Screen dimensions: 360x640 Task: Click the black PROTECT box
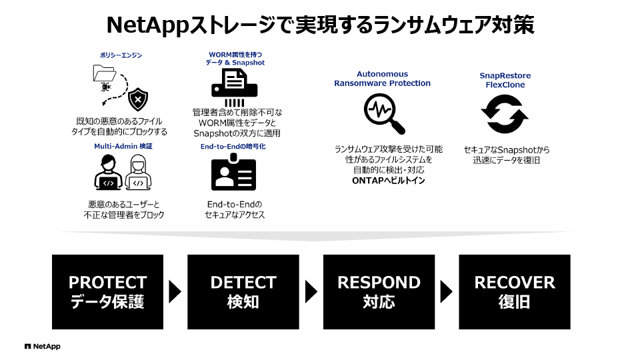(107, 291)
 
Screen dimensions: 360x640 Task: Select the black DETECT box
(243, 291)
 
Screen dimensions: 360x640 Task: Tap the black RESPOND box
(379, 291)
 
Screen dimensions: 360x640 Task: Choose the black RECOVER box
(514, 291)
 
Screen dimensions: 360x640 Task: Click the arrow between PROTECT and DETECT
(175, 291)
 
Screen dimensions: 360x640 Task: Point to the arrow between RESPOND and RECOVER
(446, 291)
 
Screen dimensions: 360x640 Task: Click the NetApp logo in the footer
(42, 347)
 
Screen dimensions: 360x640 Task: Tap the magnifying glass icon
(384, 114)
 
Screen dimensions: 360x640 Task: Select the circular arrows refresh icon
(505, 115)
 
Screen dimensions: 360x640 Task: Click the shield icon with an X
(137, 99)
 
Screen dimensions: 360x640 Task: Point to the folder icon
(105, 75)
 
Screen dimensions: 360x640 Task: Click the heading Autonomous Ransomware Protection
(382, 79)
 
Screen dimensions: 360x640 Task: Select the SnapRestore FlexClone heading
(505, 80)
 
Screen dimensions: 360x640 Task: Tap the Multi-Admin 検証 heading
(123, 145)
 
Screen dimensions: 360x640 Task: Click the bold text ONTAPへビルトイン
(388, 181)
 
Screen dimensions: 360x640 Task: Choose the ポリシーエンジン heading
(121, 56)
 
